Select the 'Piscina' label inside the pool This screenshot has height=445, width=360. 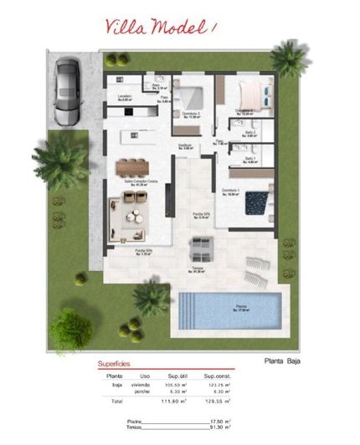[241, 305]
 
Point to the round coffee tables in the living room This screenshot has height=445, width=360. [132, 214]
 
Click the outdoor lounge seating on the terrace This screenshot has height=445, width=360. [201, 247]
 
